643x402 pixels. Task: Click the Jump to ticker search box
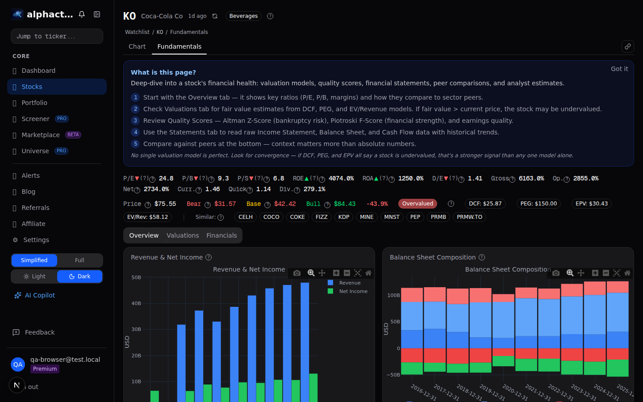tap(57, 36)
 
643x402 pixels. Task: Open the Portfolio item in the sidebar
tap(34, 103)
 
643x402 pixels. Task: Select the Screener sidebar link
tap(35, 119)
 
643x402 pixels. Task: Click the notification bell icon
tap(82, 14)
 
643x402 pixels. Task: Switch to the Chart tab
tap(137, 46)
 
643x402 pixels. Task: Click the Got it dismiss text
tap(619, 69)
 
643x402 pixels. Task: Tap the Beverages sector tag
tap(243, 16)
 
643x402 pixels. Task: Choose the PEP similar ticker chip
tap(415, 217)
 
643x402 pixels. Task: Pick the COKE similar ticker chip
tap(297, 217)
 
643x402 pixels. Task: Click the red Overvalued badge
tap(418, 204)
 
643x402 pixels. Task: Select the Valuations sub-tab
tap(183, 235)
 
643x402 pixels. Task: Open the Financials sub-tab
tap(221, 235)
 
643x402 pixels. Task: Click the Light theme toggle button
tap(34, 276)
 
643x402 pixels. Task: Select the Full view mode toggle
tap(79, 260)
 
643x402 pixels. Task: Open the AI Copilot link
tap(40, 295)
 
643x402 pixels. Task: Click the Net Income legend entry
tap(353, 291)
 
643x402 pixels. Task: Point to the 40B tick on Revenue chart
tap(136, 303)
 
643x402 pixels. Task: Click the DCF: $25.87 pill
tap(485, 204)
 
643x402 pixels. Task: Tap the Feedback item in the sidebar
tap(39, 332)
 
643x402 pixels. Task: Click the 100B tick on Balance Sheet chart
tap(393, 295)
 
